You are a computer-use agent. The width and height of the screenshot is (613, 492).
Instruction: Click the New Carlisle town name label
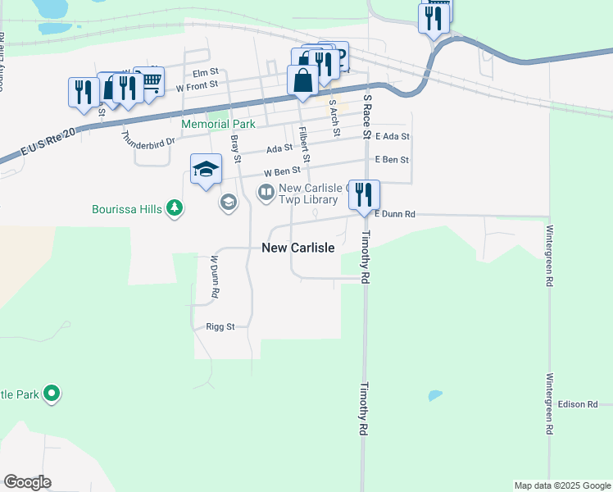pyautogui.click(x=297, y=248)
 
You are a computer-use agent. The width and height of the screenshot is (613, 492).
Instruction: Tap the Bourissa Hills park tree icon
pyautogui.click(x=174, y=209)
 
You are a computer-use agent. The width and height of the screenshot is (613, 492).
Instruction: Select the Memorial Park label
pyautogui.click(x=218, y=124)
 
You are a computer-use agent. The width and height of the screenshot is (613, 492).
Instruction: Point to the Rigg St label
pyautogui.click(x=220, y=326)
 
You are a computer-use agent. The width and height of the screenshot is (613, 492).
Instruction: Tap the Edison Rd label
pyautogui.click(x=578, y=404)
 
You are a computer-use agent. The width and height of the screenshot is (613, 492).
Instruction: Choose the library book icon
pyautogui.click(x=266, y=194)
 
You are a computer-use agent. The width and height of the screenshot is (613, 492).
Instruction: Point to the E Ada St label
pyautogui.click(x=391, y=136)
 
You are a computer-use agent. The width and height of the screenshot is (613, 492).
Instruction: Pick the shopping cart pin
pyautogui.click(x=149, y=81)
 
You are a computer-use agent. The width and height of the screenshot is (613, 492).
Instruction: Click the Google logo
pyautogui.click(x=27, y=482)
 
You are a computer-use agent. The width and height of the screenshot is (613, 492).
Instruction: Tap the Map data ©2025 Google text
pyautogui.click(x=561, y=485)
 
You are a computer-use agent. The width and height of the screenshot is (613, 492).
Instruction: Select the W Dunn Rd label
pyautogui.click(x=214, y=276)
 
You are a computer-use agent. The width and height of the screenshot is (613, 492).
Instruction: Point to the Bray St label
pyautogui.click(x=235, y=149)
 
